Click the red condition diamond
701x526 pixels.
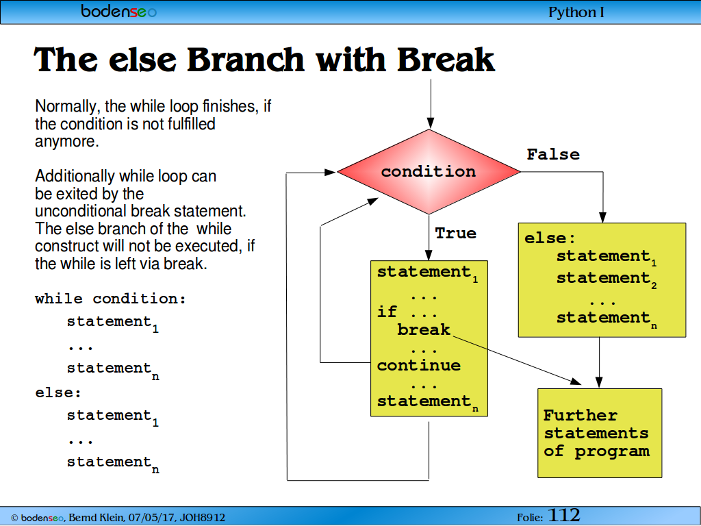429,172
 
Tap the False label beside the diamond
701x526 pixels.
553,154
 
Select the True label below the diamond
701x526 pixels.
455,233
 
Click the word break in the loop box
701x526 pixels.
423,329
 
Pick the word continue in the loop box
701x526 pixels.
418,366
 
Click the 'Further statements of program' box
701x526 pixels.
600,433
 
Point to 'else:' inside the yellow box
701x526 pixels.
550,238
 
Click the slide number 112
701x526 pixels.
564,515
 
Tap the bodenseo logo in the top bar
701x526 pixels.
118,11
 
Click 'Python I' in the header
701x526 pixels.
576,12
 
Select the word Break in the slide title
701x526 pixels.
445,60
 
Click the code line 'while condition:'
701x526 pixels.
110,299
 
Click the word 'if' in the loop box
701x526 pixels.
387,312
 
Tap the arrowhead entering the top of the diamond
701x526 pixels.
430,123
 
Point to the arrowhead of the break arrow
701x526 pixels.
575,381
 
